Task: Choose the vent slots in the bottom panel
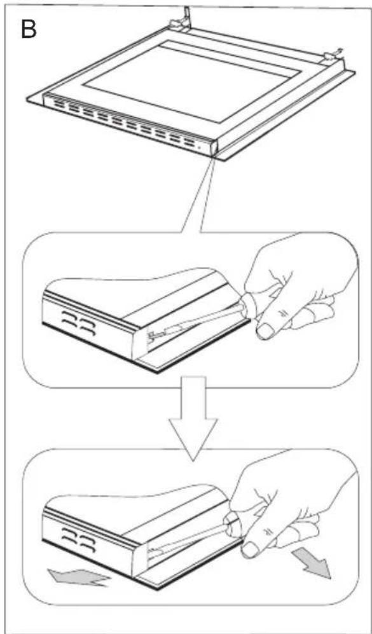point(78,540)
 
